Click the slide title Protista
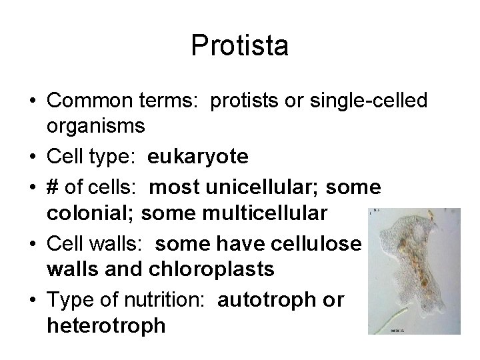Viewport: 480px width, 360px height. tap(240, 46)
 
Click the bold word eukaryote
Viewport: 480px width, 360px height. tap(198, 157)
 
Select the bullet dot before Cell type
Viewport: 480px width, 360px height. tap(33, 157)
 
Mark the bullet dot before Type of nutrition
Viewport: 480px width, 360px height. tap(33, 301)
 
